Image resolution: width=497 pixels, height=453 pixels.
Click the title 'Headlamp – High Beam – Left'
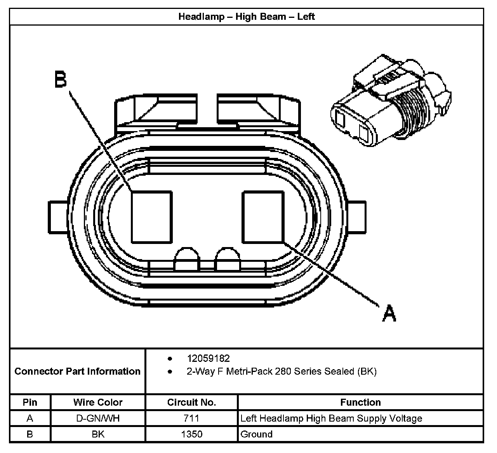[247, 17]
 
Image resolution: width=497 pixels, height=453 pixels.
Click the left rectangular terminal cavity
[151, 217]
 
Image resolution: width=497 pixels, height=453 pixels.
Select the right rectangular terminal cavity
[263, 217]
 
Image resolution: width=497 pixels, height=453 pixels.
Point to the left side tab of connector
[59, 217]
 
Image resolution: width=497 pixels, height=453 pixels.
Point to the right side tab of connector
[356, 217]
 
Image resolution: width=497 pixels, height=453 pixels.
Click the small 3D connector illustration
[390, 102]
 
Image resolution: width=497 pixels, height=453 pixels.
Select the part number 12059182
[208, 358]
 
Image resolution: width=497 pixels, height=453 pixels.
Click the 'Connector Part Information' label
[77, 371]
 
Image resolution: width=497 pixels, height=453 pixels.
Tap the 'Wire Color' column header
[98, 402]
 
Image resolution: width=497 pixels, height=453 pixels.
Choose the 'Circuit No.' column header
[191, 402]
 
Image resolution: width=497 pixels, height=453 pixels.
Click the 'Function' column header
[360, 402]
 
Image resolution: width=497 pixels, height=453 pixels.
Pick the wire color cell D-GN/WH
[98, 418]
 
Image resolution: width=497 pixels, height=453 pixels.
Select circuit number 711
[191, 418]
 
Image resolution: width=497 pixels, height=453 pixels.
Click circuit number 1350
[191, 434]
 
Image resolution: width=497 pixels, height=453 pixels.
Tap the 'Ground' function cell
[257, 434]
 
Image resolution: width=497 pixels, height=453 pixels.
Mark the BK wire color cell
[98, 434]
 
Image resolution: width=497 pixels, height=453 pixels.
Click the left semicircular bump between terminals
[187, 259]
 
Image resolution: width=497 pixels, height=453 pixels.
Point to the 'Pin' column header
[30, 402]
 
